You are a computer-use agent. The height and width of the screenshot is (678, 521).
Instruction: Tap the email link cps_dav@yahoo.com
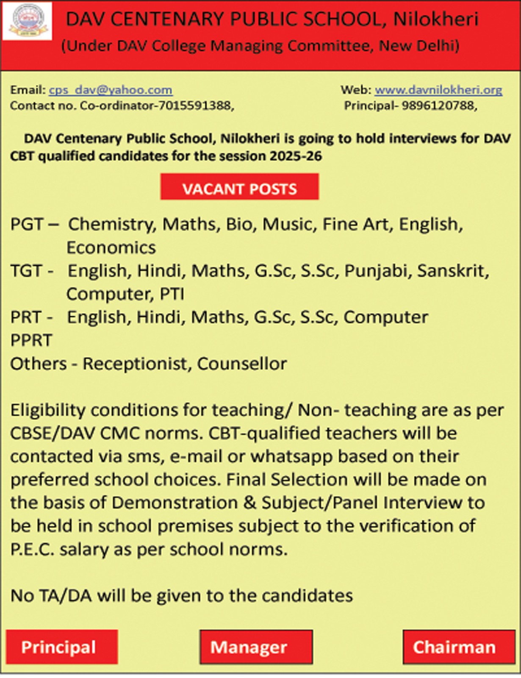[x=111, y=90]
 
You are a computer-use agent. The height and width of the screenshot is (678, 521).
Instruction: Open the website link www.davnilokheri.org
[x=438, y=90]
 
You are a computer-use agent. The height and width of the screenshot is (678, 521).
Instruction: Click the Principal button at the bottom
[x=62, y=647]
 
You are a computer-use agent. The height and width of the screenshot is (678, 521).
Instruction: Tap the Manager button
[x=256, y=647]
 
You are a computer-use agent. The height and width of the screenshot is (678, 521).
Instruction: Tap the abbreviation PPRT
[x=31, y=341]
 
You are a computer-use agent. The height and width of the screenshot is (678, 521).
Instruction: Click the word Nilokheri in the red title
[x=436, y=19]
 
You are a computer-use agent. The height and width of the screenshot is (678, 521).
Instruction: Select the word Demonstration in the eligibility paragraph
[x=175, y=503]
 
